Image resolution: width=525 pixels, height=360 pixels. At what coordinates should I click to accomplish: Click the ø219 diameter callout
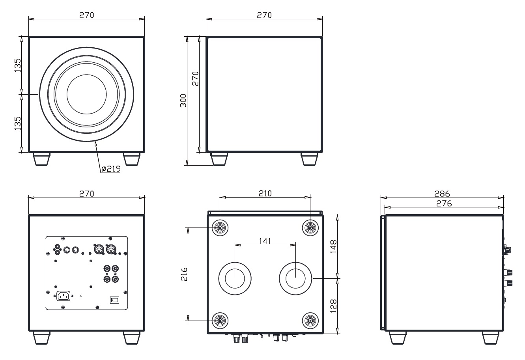point(111,169)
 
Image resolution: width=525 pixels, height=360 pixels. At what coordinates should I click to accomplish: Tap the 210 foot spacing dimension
point(265,193)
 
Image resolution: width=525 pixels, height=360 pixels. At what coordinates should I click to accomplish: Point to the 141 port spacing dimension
point(265,241)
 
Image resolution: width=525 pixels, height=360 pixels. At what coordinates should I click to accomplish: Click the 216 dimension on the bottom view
point(183,274)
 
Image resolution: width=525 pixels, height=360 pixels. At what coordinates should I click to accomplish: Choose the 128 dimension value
point(333,306)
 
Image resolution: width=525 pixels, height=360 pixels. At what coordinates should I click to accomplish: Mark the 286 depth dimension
point(442,194)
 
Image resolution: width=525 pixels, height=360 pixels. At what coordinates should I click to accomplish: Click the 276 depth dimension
point(444,203)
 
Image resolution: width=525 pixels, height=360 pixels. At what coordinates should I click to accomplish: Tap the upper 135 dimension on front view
point(18,65)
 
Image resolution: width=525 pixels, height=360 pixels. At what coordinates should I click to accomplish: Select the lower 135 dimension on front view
point(18,123)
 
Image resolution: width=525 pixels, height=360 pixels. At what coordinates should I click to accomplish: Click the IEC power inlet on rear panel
point(64,295)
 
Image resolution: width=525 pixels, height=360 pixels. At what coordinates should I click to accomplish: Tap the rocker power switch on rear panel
point(114,300)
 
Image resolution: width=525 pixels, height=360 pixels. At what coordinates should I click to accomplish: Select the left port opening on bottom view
point(235,278)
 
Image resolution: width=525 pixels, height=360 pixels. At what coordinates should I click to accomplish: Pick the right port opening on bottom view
point(295,278)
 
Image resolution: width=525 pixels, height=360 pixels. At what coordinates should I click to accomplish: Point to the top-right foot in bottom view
point(310,228)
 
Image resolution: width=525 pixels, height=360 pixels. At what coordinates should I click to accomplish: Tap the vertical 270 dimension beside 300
point(195,78)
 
